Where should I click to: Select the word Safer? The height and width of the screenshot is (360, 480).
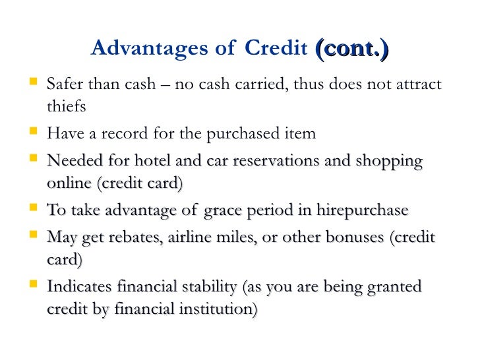tap(67, 85)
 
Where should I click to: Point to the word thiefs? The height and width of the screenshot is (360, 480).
tap(67, 106)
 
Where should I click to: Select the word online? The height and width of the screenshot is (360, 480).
tap(69, 183)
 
